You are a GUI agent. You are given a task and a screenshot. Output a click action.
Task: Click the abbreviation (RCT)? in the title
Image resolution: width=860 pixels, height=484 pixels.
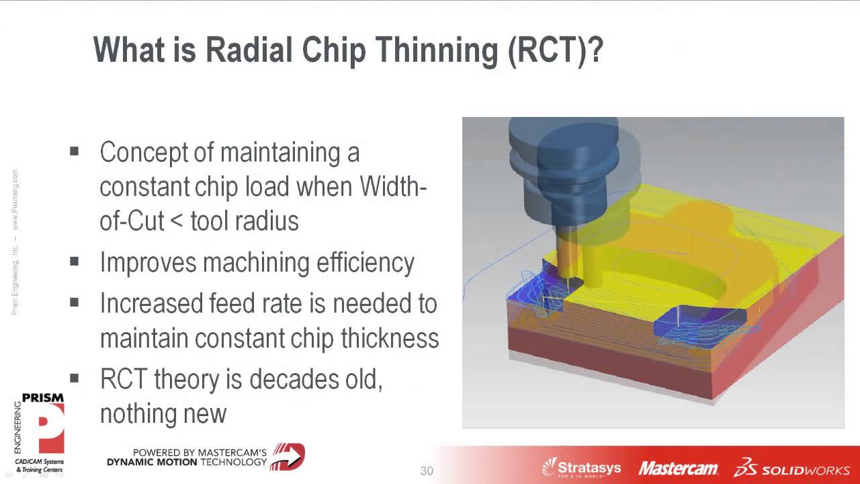[555, 50]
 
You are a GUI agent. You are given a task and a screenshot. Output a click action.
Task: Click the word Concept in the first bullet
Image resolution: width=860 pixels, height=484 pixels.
[144, 153]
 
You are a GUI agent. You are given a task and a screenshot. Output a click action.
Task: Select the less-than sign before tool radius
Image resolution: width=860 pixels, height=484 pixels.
[176, 222]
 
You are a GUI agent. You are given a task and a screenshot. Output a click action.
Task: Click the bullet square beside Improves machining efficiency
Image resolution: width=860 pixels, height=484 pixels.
[74, 261]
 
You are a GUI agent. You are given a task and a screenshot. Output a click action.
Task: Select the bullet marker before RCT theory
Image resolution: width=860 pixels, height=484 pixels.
[74, 378]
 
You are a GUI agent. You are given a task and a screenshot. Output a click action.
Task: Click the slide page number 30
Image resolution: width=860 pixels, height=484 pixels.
[427, 471]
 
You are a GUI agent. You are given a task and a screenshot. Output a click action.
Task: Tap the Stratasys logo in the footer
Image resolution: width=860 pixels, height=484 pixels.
[581, 467]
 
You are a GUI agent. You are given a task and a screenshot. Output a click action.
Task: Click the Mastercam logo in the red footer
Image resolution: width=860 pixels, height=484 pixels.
[678, 469]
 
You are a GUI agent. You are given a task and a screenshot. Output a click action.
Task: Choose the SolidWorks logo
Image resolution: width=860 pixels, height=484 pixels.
[791, 468]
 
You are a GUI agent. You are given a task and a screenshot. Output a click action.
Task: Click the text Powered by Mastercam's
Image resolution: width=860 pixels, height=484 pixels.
[200, 452]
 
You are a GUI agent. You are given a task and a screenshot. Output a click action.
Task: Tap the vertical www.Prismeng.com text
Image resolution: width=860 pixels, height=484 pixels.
[15, 200]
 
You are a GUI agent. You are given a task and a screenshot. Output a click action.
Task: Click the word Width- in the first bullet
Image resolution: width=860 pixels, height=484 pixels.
[393, 187]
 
